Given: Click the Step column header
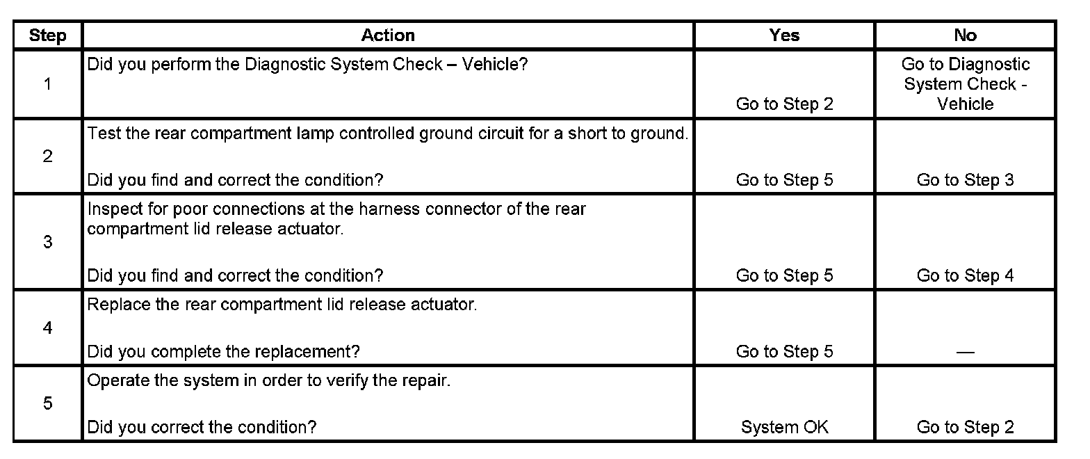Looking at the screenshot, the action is pyautogui.click(x=47, y=35).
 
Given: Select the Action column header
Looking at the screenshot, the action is pyautogui.click(x=388, y=35).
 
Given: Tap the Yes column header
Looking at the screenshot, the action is pyautogui.click(x=784, y=35).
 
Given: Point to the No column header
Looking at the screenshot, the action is pyautogui.click(x=965, y=35).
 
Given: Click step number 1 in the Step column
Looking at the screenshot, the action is pyautogui.click(x=47, y=84).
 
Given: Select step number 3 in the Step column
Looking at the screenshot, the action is pyautogui.click(x=47, y=243).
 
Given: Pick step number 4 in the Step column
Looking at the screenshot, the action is pyautogui.click(x=47, y=328).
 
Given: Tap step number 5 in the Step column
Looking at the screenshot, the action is pyautogui.click(x=47, y=404).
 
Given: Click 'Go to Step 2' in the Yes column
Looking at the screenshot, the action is pyautogui.click(x=784, y=104).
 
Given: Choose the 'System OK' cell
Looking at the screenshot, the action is pyautogui.click(x=784, y=427).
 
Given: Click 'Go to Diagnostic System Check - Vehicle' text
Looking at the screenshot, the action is pyautogui.click(x=965, y=84).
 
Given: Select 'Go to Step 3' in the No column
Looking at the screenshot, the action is pyautogui.click(x=965, y=180).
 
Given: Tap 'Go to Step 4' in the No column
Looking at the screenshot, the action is pyautogui.click(x=965, y=275).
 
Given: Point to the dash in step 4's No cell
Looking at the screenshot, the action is pyautogui.click(x=965, y=352).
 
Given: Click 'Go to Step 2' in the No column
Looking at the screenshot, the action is pyautogui.click(x=965, y=427).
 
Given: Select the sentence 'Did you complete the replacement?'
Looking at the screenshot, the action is pyautogui.click(x=223, y=352).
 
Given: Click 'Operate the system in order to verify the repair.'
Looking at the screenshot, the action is pyautogui.click(x=269, y=382).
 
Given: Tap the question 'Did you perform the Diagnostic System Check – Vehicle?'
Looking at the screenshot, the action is pyautogui.click(x=307, y=65).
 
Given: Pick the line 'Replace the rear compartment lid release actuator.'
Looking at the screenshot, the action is pyautogui.click(x=282, y=305).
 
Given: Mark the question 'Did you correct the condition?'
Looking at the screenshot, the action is pyautogui.click(x=202, y=427).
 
